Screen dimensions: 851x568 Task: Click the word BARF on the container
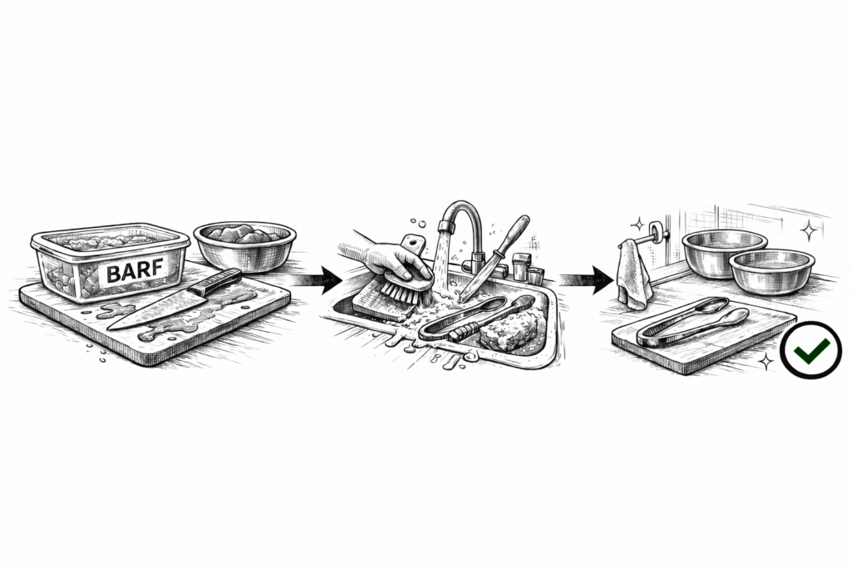click(136, 271)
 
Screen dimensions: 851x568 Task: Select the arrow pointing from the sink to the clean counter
click(587, 280)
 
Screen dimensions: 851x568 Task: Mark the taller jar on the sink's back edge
click(520, 266)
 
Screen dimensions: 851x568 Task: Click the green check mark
click(811, 351)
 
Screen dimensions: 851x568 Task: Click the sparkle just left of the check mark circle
click(765, 362)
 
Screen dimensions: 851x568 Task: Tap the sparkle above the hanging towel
click(639, 224)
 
